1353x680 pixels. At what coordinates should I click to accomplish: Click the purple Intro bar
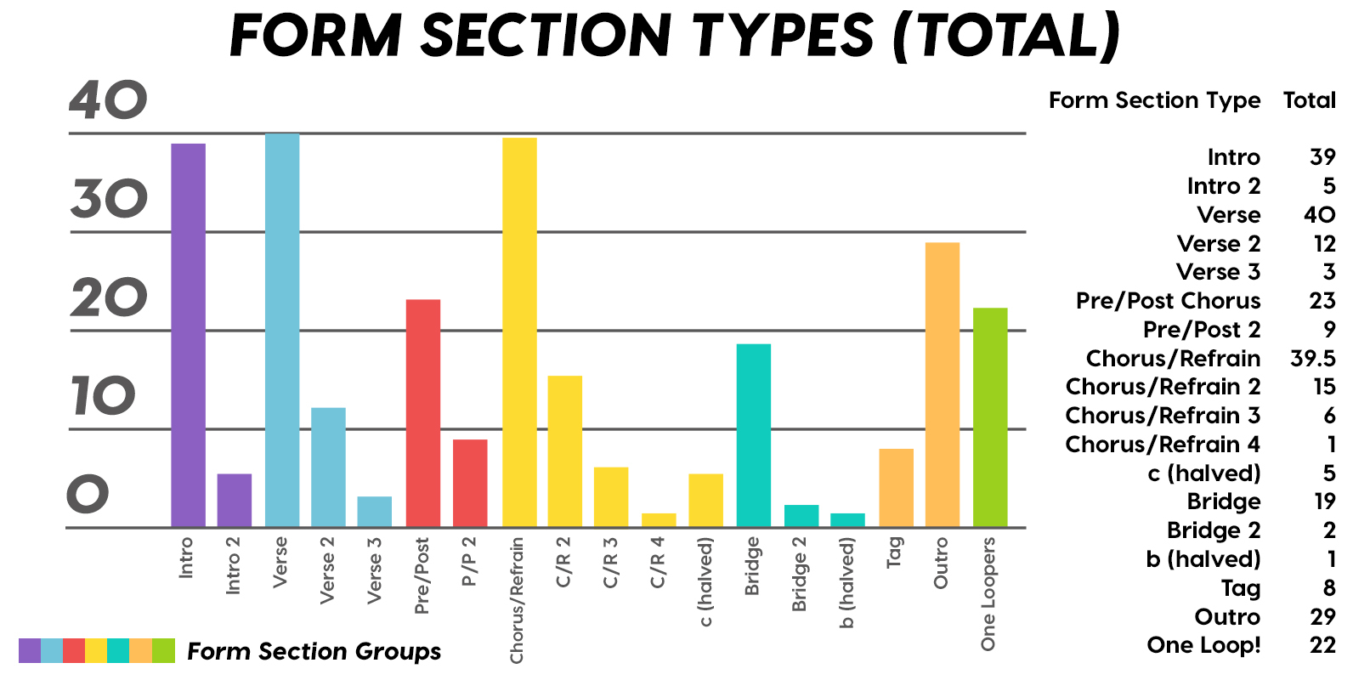[x=189, y=335]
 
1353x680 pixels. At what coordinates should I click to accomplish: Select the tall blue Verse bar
[x=282, y=331]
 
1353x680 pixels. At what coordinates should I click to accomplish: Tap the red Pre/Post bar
[x=423, y=413]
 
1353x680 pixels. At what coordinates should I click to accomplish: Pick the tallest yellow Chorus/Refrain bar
[x=519, y=332]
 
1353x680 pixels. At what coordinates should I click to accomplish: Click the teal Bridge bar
[x=754, y=435]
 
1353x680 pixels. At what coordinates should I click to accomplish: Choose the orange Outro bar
[x=943, y=385]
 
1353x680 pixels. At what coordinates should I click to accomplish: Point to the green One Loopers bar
[x=990, y=417]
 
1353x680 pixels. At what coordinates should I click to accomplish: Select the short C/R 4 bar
[x=659, y=520]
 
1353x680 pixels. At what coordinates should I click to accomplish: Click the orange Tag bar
[x=897, y=488]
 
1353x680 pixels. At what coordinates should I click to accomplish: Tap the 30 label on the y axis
[x=109, y=199]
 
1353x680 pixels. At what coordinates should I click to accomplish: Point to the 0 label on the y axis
[x=88, y=494]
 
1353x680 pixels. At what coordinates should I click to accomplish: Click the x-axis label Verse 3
[x=375, y=570]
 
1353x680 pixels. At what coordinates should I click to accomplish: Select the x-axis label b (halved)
[x=846, y=583]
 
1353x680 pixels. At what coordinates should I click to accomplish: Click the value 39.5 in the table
[x=1312, y=358]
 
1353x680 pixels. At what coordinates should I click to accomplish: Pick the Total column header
[x=1310, y=99]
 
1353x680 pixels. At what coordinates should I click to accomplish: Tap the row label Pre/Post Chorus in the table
[x=1169, y=300]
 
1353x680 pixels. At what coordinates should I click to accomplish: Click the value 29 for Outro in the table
[x=1322, y=616]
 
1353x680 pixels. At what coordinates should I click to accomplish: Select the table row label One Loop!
[x=1203, y=645]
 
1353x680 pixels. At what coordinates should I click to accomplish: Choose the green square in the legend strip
[x=163, y=650]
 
